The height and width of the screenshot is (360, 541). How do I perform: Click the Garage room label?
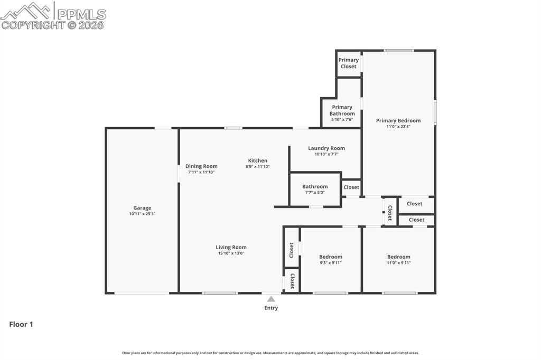click(x=142, y=208)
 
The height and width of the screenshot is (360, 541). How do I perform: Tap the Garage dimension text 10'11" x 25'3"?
click(x=142, y=214)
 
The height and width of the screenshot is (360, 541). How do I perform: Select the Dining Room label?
click(x=201, y=166)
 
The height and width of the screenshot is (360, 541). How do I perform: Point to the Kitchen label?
click(x=258, y=160)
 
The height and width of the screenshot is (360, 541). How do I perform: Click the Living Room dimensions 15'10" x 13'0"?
click(x=231, y=253)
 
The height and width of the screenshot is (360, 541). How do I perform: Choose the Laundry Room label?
click(x=327, y=148)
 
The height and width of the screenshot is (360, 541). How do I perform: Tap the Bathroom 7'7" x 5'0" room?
click(x=315, y=189)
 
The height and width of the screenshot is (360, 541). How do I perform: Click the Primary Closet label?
click(x=349, y=63)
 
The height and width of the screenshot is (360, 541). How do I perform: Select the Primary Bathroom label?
click(x=342, y=110)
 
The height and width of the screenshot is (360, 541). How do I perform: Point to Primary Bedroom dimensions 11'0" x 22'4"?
click(x=398, y=127)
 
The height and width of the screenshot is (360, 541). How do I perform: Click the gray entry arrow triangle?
click(x=271, y=299)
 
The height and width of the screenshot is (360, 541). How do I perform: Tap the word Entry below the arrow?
click(x=271, y=308)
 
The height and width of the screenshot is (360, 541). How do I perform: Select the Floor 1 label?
click(x=21, y=325)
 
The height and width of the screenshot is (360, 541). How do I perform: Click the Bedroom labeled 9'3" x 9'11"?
click(x=331, y=259)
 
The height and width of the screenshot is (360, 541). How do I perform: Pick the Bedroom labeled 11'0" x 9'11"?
click(x=398, y=259)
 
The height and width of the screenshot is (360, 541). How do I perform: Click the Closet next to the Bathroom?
click(x=351, y=187)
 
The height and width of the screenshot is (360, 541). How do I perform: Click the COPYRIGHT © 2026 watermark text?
click(x=53, y=25)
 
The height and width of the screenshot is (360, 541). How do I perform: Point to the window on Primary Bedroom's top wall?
click(x=399, y=51)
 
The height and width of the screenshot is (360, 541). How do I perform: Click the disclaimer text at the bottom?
click(x=270, y=353)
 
